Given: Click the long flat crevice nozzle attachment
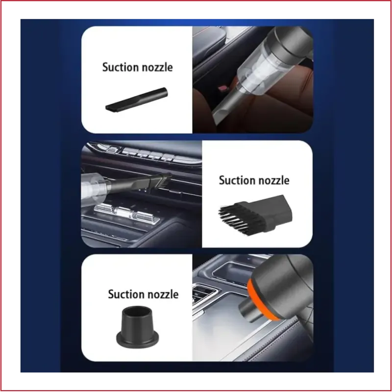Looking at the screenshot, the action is click(137, 100).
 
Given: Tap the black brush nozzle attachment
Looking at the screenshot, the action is click(255, 215).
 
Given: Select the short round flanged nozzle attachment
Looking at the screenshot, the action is click(137, 326).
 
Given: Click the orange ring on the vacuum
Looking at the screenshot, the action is click(260, 300).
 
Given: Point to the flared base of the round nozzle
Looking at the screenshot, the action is click(137, 340).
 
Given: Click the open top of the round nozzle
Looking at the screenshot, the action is click(137, 310).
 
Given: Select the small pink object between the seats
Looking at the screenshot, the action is click(221, 88).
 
